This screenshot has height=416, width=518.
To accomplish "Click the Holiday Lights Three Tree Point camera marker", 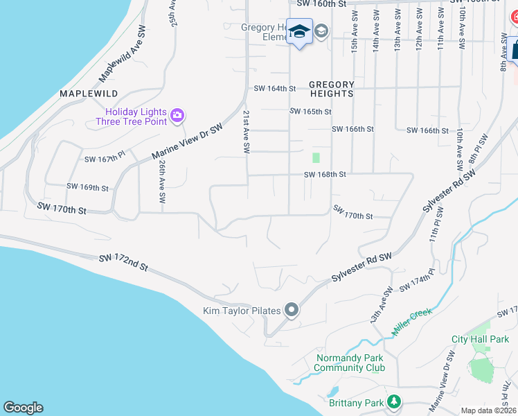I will pos(178,115).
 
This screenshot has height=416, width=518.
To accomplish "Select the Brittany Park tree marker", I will pos(394,401).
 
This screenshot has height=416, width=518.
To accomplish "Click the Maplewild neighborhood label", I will pos(89,93).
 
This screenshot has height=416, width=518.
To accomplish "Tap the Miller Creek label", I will pos(411,322).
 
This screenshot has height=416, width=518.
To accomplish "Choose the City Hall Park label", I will pos(480,339).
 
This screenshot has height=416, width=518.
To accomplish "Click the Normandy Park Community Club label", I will pos(350,363).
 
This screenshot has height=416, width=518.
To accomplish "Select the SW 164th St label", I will pos(275,88).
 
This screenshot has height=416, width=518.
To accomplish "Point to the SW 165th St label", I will pos(311,111).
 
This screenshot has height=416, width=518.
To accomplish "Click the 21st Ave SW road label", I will pos(245,131).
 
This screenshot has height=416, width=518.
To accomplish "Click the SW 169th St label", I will pos(88,187).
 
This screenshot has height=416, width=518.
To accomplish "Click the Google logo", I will pos(23,408).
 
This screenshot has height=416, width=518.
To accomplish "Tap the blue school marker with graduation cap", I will pos(300,33).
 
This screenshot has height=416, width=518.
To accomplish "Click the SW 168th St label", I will pos(325,175).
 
